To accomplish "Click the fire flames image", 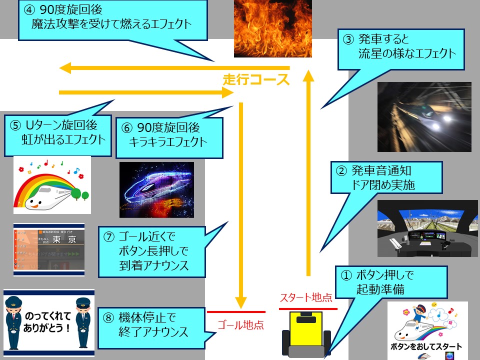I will pos(272,28).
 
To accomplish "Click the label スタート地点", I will pos(306,298).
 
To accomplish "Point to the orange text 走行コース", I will pos(256,79).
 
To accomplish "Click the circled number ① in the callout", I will pos(346,275).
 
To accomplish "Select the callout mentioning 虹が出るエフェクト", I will pos(58,132).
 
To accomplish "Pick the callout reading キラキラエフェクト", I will pos(168,134).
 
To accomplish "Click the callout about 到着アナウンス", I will pos(151,251).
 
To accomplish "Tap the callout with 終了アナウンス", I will pos(151,324).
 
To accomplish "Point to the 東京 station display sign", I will pos(49,250).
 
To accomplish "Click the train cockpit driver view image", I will pos(424,229).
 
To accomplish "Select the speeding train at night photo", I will pos(424,116).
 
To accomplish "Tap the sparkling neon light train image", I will pos(156,189).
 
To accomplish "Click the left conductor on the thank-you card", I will pos(14,322).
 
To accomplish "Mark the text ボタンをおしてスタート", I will pos(425,346).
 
